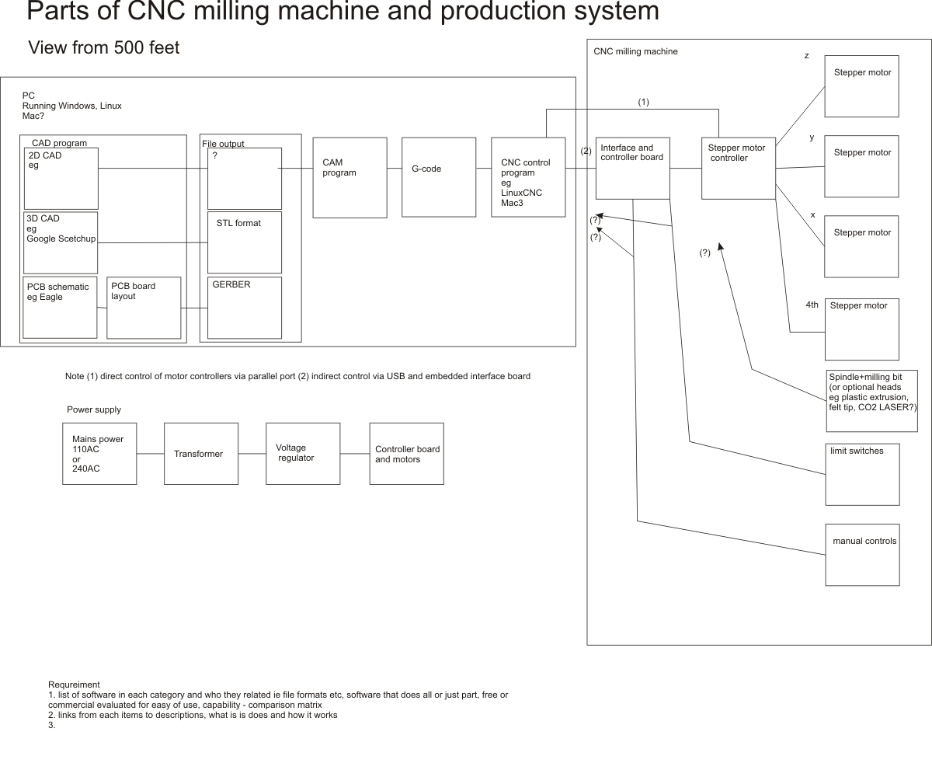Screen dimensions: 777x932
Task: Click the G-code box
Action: point(439,177)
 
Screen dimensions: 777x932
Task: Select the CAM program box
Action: point(349,177)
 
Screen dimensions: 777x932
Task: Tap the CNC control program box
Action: point(528,177)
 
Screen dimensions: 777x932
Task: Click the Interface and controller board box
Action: point(633,169)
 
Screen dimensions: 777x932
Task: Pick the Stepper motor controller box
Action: point(738,169)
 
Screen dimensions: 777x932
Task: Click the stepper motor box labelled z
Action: point(861,85)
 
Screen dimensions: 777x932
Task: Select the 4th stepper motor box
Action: point(861,329)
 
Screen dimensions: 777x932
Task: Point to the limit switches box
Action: point(861,474)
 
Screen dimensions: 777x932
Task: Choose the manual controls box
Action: point(861,555)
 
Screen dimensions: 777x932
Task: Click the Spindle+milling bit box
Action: point(872,401)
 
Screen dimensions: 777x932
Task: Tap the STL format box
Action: point(245,242)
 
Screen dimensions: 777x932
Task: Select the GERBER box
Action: point(245,308)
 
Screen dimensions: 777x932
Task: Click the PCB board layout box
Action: point(144,308)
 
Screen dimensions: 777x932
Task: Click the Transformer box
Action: point(200,454)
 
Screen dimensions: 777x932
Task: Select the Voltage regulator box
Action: point(302,454)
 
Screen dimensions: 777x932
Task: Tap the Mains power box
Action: point(99,454)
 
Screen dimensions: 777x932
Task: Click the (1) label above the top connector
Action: point(643,102)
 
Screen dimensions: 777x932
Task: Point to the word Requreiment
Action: point(74,685)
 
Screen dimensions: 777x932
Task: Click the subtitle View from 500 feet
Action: point(104,47)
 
